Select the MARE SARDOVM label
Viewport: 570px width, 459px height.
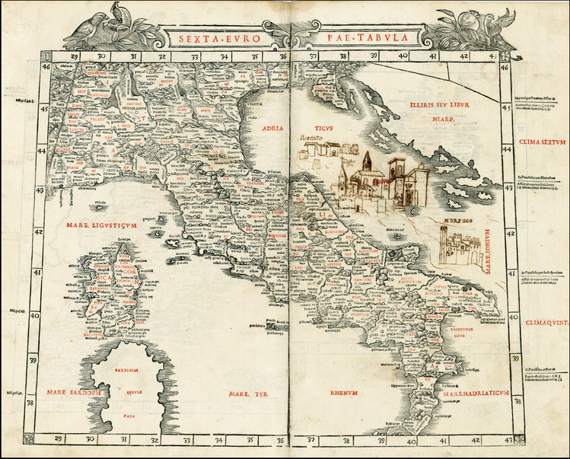73,393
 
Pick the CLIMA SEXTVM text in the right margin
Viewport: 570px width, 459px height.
541,142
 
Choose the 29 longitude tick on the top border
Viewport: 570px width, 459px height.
75,56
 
